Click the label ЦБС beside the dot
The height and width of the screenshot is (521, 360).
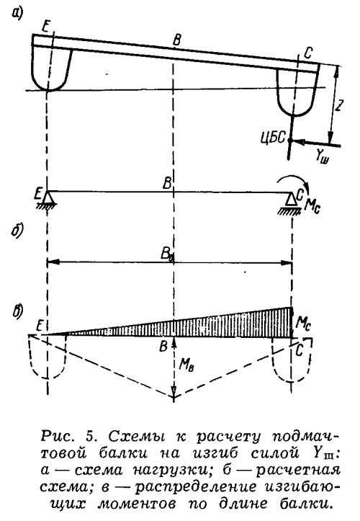click(x=274, y=138)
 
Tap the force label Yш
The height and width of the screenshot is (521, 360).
click(x=322, y=157)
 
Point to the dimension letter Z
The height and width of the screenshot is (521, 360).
click(x=338, y=105)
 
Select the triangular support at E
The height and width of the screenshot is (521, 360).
click(x=48, y=198)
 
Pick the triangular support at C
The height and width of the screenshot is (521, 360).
click(x=292, y=200)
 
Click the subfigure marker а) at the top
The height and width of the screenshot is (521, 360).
click(x=17, y=13)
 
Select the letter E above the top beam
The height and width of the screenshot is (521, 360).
click(x=46, y=27)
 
